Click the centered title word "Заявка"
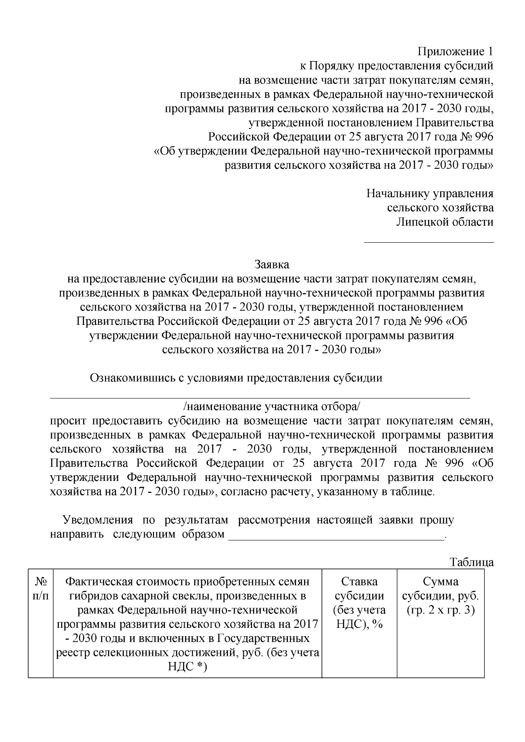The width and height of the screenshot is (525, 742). pos(272,265)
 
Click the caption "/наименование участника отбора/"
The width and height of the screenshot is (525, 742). pos(272,407)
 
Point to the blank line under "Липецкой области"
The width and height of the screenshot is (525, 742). pos(429,241)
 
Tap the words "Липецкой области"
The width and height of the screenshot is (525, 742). pos(445,222)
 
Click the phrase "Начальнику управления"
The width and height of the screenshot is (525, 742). pos(430,193)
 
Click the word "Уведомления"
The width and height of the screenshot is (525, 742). pos(98,520)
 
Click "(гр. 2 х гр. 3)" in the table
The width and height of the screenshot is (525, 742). pos(441,610)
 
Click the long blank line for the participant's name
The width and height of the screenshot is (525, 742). pos(260,397)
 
